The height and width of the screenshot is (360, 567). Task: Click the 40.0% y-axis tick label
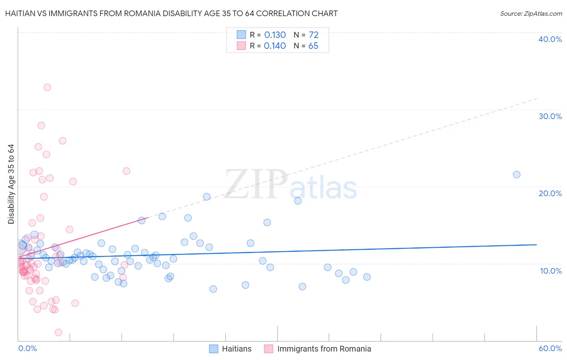tap(550, 39)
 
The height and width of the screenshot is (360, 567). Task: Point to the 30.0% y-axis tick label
tap(550, 116)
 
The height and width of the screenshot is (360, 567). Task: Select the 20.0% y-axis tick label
tap(550, 193)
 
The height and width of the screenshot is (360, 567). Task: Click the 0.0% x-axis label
tap(27, 348)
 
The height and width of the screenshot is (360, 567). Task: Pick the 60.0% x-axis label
tap(550, 348)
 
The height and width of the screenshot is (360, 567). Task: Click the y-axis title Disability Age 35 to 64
tap(11, 184)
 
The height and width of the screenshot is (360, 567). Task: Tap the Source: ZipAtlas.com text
tap(531, 13)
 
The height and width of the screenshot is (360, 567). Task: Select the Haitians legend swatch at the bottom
tap(214, 349)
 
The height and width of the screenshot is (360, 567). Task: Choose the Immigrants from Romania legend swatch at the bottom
tap(269, 349)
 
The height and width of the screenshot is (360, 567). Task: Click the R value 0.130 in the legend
tap(275, 35)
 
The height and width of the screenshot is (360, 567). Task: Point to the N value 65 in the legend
tap(313, 46)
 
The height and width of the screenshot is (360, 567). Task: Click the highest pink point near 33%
tap(47, 87)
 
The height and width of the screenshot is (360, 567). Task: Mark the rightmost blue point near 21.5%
tap(517, 175)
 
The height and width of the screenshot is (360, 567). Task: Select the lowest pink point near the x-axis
tap(58, 333)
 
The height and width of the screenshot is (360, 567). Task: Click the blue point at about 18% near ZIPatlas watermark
tap(298, 201)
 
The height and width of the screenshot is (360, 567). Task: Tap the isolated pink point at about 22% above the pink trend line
tap(126, 171)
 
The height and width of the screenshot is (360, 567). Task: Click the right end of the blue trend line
tap(536, 245)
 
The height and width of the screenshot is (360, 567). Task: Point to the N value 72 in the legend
tap(313, 35)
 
